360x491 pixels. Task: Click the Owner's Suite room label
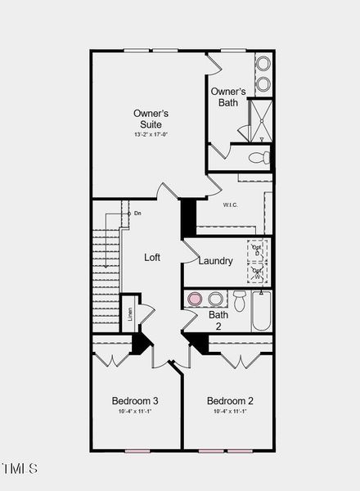[151, 119]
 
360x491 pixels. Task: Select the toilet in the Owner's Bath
[259, 157]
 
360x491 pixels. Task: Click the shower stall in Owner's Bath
[260, 120]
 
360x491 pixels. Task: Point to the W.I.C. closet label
[230, 205]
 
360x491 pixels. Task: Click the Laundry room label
[215, 261]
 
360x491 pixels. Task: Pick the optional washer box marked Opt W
[258, 273]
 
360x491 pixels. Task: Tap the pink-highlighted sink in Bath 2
[195, 299]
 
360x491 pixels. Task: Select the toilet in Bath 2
[240, 300]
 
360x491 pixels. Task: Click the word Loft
[152, 257]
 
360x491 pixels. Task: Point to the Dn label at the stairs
[137, 214]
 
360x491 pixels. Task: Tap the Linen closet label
[129, 314]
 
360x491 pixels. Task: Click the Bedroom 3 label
[135, 401]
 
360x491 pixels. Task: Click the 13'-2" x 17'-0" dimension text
[151, 134]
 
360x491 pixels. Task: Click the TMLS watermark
[20, 469]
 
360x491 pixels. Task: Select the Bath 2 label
[218, 320]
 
